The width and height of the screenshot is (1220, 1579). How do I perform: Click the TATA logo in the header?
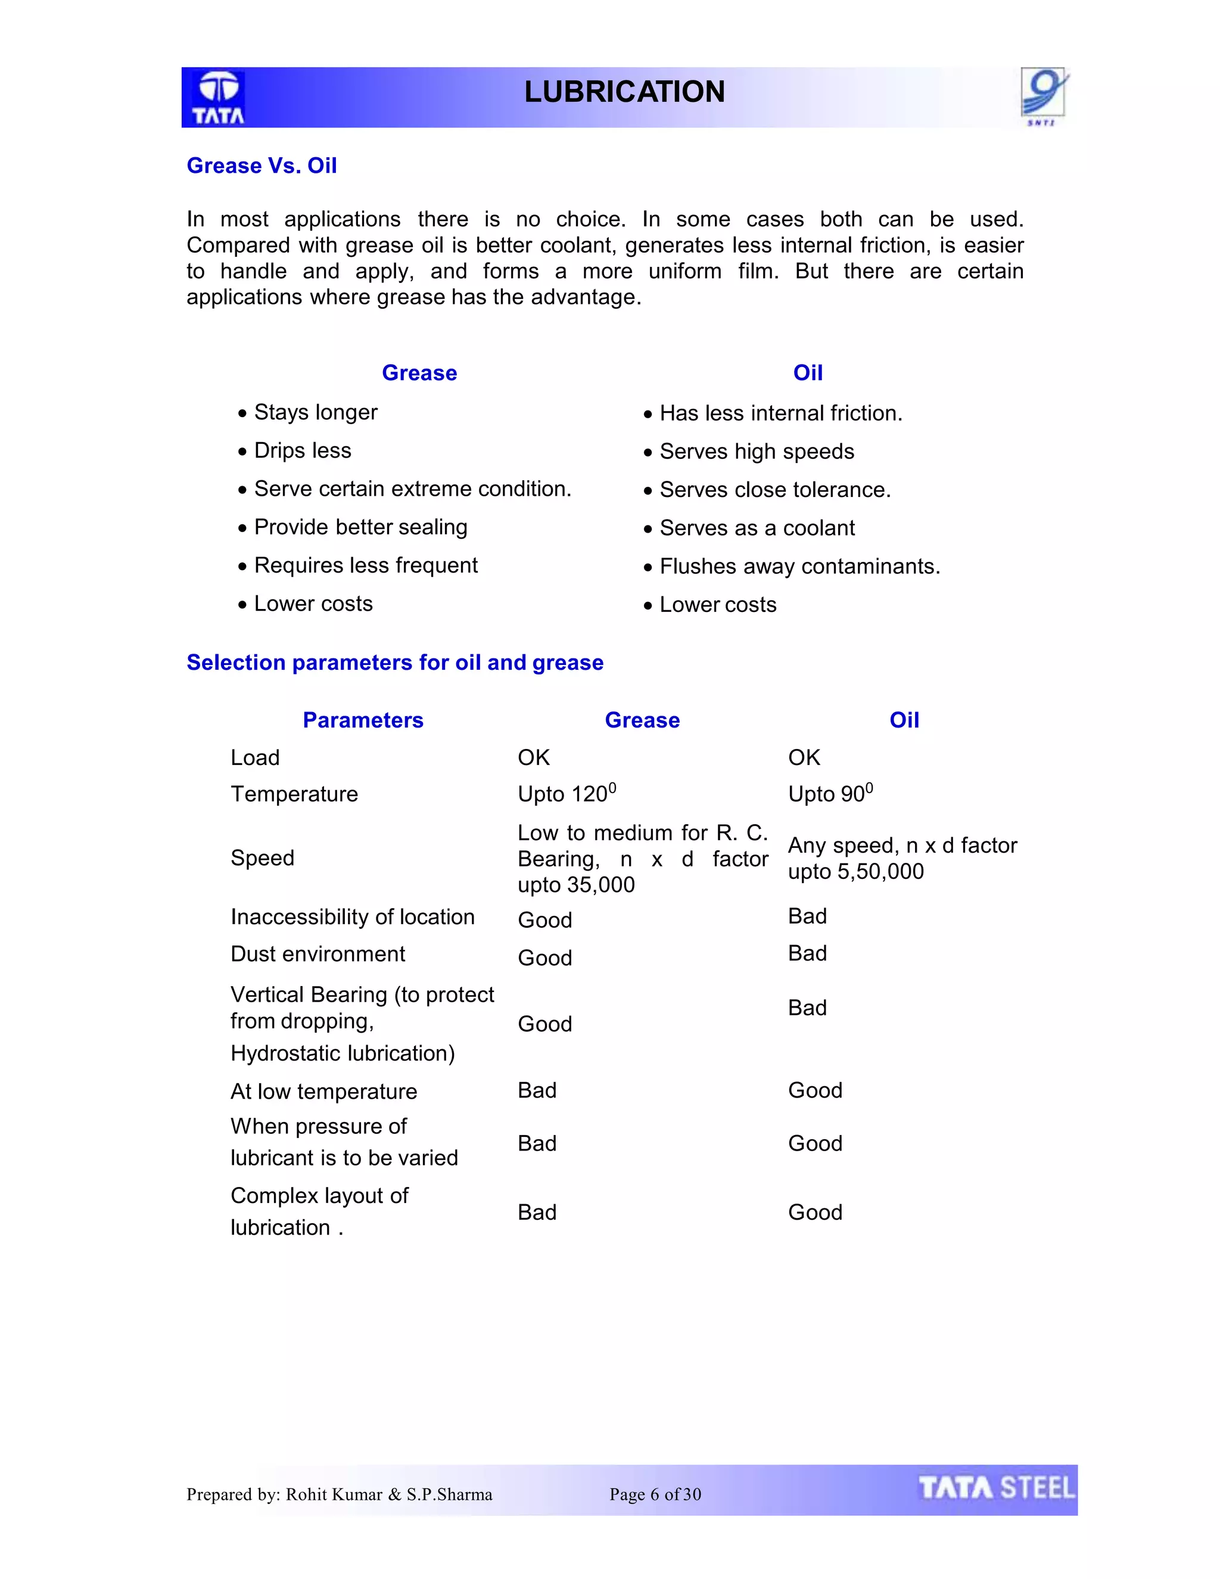tap(218, 98)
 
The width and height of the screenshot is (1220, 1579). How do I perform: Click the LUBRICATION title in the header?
tap(624, 92)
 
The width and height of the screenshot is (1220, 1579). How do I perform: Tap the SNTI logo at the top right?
tap(1044, 95)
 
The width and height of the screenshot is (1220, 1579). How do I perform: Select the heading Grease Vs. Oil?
tap(262, 166)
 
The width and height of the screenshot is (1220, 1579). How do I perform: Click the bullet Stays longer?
tap(315, 412)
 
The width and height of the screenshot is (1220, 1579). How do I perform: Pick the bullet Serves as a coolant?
tap(756, 528)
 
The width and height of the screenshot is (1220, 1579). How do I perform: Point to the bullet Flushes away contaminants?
tap(799, 566)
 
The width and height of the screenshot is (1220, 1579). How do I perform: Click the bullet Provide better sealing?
tap(360, 527)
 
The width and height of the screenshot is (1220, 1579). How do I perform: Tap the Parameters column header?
tap(363, 720)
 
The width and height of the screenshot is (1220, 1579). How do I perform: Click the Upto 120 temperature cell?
tap(567, 793)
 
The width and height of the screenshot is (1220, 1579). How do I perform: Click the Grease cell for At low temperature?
tap(537, 1090)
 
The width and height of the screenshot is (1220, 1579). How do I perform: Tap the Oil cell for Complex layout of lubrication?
tap(814, 1212)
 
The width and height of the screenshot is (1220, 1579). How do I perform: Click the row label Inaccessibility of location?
tap(352, 917)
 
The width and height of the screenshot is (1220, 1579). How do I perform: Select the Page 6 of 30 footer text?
tap(655, 1494)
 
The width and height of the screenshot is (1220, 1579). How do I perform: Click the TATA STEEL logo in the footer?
tap(996, 1488)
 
